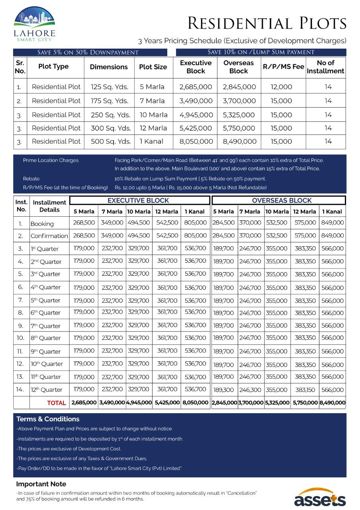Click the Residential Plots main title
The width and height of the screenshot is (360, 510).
[267, 24]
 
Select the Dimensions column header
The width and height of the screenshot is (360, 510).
[109, 67]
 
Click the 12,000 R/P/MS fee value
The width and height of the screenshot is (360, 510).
[281, 87]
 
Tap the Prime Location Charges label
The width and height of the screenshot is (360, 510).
[51, 161]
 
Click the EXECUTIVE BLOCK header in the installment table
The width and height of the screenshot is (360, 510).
[138, 200]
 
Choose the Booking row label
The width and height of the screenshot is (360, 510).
[42, 224]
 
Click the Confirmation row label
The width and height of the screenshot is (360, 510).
[49, 236]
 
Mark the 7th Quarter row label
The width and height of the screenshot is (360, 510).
[45, 326]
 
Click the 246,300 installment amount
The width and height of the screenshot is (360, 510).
[250, 390]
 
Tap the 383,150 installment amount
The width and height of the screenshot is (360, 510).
[305, 390]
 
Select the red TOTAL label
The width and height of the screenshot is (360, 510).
[57, 403]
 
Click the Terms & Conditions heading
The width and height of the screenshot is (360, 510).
[48, 419]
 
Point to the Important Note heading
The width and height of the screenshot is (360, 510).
[41, 484]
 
